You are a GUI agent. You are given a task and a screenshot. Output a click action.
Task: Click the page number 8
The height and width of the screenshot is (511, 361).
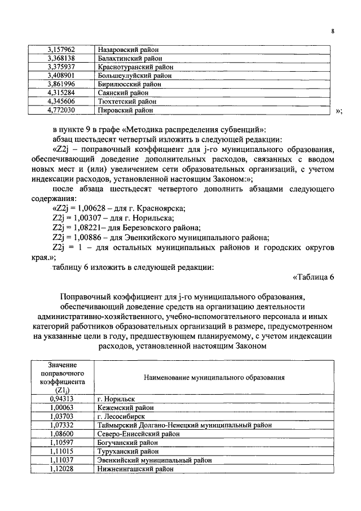(333, 32)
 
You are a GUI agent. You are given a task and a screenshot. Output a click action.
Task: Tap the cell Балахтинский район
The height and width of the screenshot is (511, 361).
(130, 58)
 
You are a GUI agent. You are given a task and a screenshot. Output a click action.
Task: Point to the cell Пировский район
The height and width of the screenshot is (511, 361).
(125, 110)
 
